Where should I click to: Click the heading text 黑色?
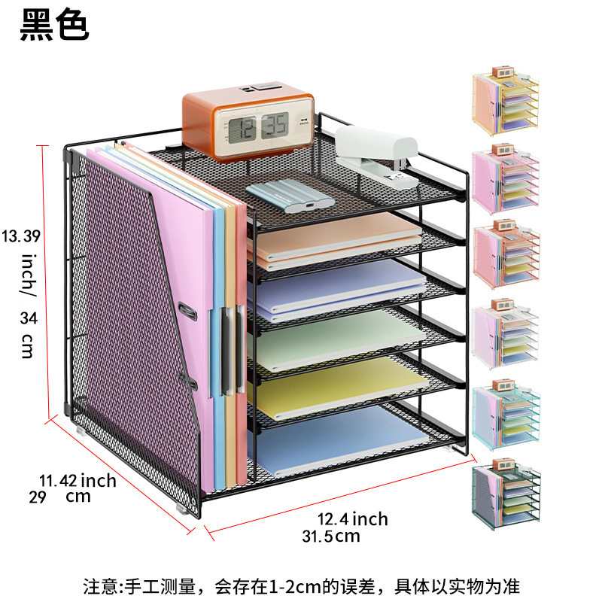(54, 24)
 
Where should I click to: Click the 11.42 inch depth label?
(78, 480)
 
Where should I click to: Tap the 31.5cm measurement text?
(330, 537)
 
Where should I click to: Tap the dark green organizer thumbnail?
(503, 497)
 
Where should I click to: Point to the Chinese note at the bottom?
(301, 585)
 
